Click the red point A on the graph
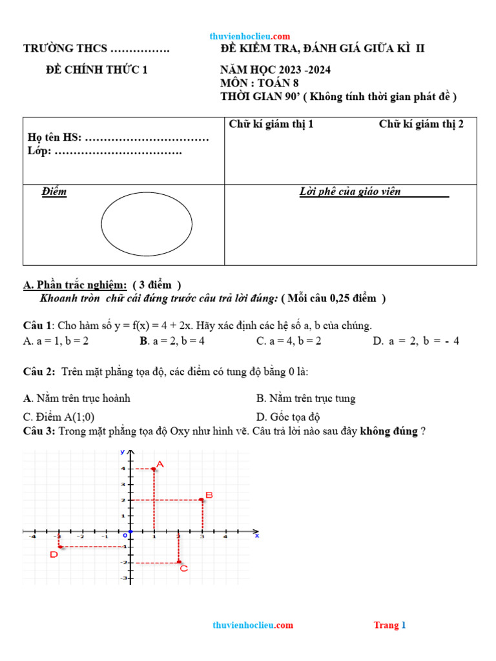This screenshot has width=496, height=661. [x=154, y=469]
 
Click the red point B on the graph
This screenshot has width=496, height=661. [x=202, y=500]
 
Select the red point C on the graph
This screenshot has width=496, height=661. [x=179, y=562]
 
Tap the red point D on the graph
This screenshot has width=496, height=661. [x=59, y=547]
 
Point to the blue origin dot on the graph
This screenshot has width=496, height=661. [x=130, y=531]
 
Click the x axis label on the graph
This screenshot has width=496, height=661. [x=256, y=535]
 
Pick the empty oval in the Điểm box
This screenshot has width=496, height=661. [x=147, y=225]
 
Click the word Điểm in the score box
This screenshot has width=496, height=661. [x=54, y=192]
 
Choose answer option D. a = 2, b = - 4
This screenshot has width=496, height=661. [x=416, y=341]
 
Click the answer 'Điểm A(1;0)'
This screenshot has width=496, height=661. [x=63, y=417]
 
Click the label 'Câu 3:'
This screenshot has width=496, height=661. [x=39, y=431]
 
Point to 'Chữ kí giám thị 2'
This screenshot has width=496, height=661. [x=421, y=124]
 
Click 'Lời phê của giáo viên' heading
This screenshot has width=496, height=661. [x=351, y=192]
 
